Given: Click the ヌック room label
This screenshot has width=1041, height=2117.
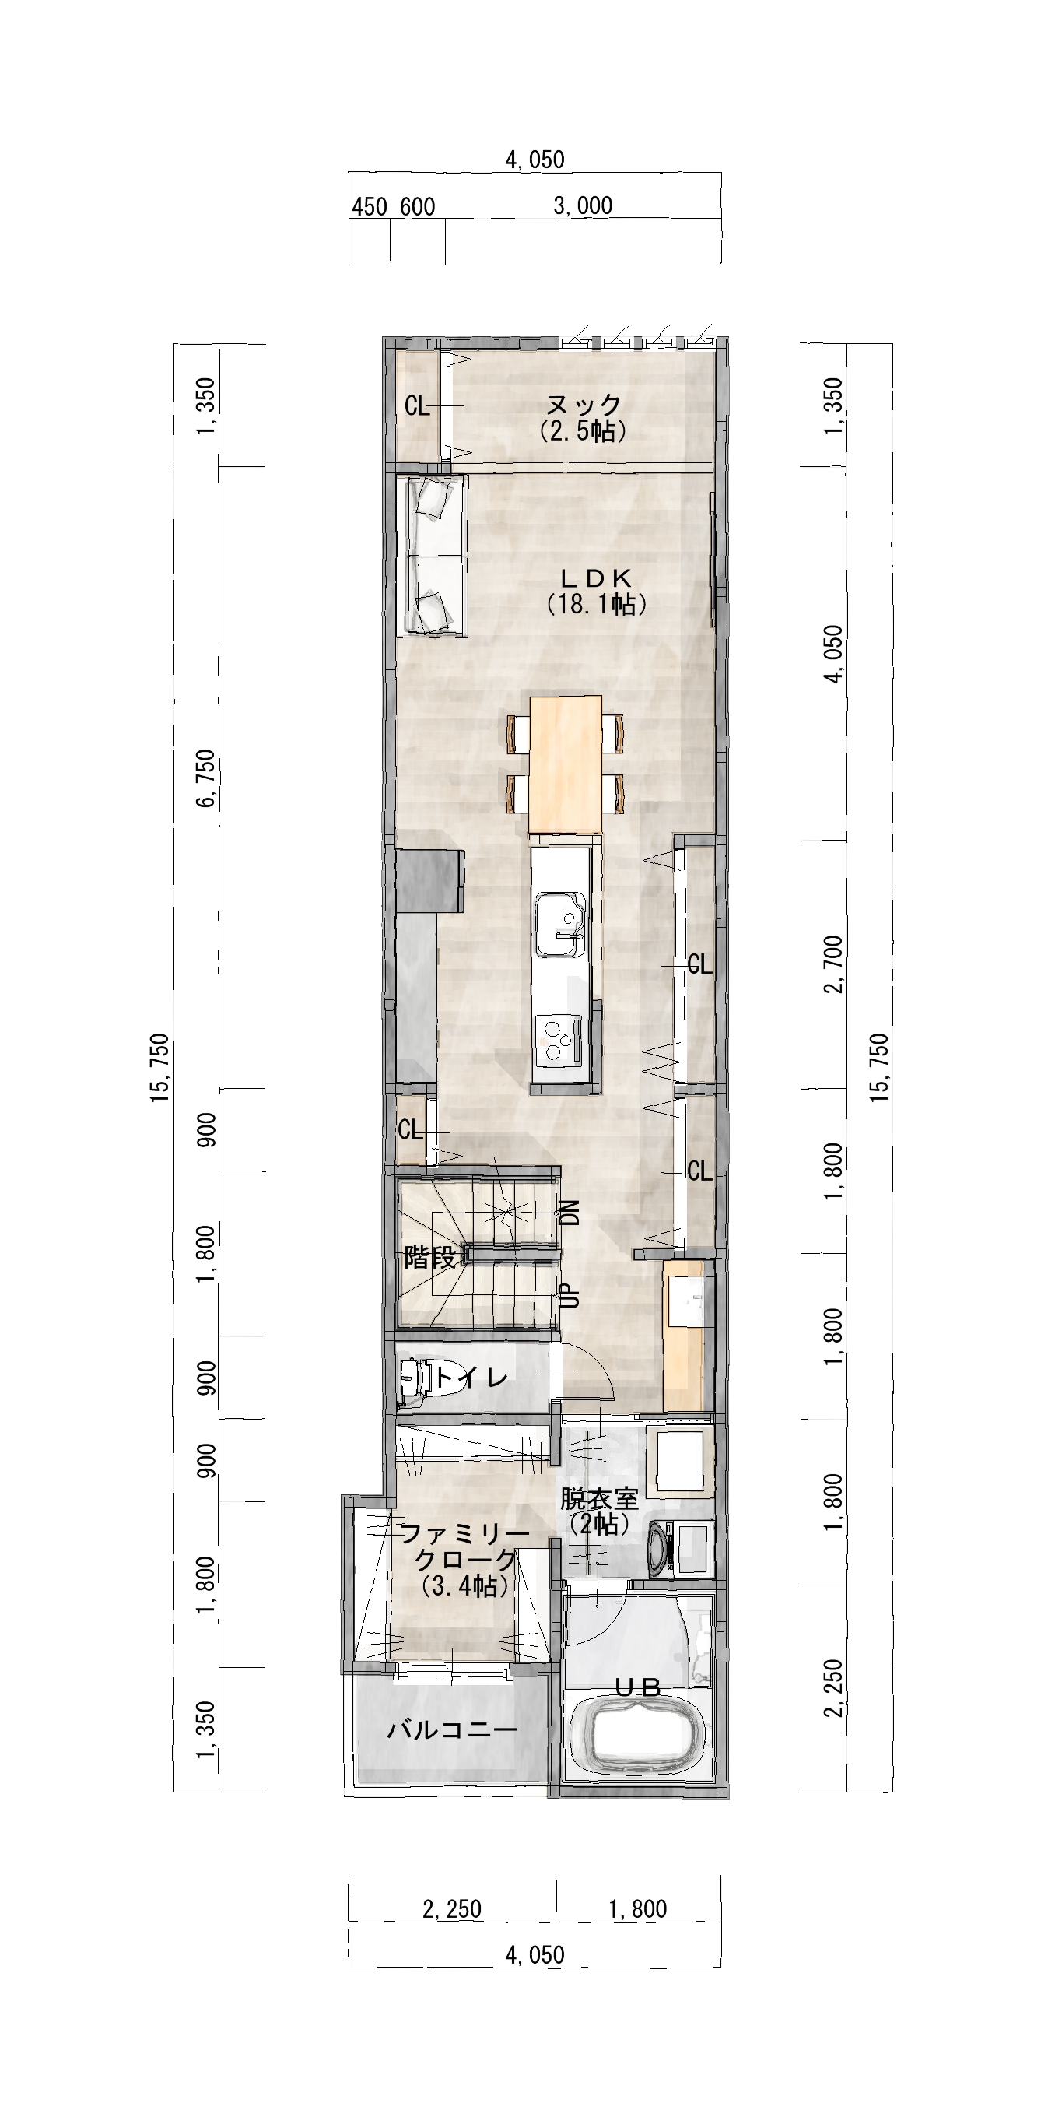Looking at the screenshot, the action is pyautogui.click(x=584, y=405).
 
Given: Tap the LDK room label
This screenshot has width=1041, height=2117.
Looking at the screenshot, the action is pyautogui.click(x=597, y=577).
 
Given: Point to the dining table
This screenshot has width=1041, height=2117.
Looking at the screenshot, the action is pyautogui.click(x=566, y=764).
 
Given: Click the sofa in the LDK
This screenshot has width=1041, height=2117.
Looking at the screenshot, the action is pyautogui.click(x=432, y=557).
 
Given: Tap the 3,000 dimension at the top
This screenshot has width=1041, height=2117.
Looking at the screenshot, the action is pyautogui.click(x=584, y=205).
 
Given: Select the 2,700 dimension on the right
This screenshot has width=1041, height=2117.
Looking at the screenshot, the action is pyautogui.click(x=836, y=964).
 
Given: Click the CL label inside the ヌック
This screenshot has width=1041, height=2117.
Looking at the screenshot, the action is pyautogui.click(x=417, y=406).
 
